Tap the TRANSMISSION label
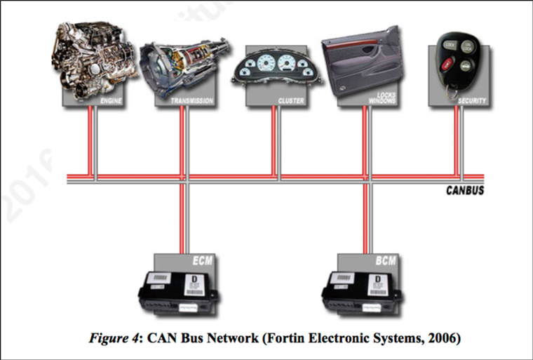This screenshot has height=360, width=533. click(x=192, y=101)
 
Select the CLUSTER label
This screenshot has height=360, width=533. click(x=290, y=101)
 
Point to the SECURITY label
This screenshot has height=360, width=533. click(x=472, y=101)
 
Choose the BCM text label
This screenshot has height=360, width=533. click(x=385, y=261)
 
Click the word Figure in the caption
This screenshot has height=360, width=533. click(x=106, y=338)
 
